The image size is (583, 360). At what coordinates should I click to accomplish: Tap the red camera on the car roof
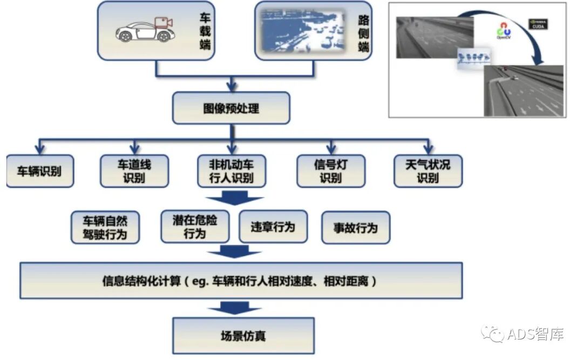(163, 23)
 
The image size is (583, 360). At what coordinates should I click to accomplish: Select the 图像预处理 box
(231, 108)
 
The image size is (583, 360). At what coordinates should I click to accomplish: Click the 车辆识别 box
(40, 172)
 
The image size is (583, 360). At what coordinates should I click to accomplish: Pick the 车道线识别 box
(134, 171)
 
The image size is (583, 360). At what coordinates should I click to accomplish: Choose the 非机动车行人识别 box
(231, 171)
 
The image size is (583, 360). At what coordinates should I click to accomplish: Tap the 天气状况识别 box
(428, 171)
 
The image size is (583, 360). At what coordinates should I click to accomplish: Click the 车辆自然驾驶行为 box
(105, 227)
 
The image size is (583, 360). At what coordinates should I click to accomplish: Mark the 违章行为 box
(273, 227)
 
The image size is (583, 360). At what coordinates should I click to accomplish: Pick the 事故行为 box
(356, 227)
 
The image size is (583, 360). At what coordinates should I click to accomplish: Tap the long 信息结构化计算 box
(241, 281)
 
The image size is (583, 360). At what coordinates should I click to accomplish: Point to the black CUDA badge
(538, 24)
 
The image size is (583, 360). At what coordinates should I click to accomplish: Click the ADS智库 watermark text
(535, 334)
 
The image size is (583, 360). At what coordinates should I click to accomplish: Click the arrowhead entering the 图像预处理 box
(232, 87)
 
